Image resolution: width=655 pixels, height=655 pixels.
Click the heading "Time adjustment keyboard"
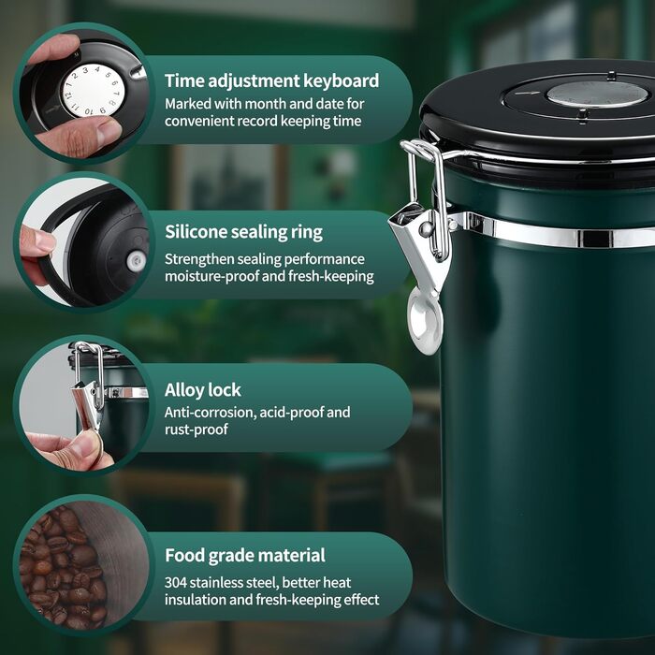click(x=272, y=80)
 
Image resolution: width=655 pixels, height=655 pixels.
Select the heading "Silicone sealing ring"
click(x=243, y=232)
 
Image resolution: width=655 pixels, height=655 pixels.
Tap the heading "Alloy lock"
click(x=203, y=390)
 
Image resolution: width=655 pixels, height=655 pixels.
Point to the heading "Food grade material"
click(x=245, y=556)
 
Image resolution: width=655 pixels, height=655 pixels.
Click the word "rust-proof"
click(x=196, y=429)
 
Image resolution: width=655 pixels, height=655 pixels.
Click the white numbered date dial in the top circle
click(x=94, y=90)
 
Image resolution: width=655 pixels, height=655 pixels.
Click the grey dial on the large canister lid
click(x=597, y=94)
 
